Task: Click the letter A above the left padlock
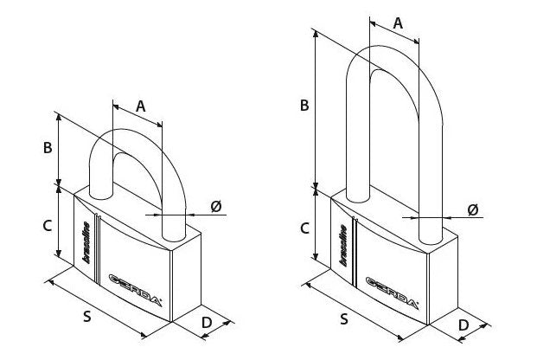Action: (x=140, y=106)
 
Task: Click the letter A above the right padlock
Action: (x=398, y=23)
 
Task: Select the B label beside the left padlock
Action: (x=48, y=148)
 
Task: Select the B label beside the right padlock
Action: (x=304, y=106)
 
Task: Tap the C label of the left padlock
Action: (x=47, y=226)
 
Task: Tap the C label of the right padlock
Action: (x=304, y=228)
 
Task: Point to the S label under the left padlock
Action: (x=87, y=316)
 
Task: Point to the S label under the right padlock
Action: (x=344, y=318)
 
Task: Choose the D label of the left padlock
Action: (x=207, y=323)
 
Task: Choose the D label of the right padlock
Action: (x=463, y=325)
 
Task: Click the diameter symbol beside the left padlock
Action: (x=216, y=206)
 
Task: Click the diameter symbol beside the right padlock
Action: (x=473, y=209)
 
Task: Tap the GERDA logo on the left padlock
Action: (x=135, y=290)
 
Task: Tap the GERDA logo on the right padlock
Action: (x=392, y=293)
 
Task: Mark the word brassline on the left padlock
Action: (x=86, y=242)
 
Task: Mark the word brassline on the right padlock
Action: (x=343, y=246)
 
